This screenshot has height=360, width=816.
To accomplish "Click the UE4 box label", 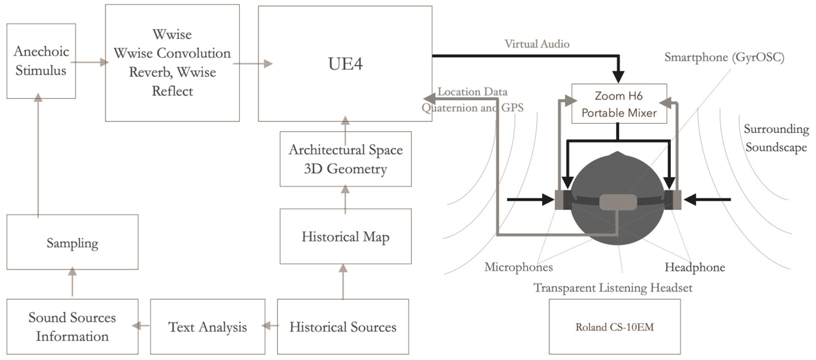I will pos(345,64).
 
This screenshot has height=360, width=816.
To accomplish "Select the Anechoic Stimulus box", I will pos(41,61).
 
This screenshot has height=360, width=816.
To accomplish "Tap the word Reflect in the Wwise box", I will pos(172,91).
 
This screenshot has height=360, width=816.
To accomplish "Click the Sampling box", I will pos(72,242).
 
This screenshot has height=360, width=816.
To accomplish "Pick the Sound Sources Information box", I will pos(72,326).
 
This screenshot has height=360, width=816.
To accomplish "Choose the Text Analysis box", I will pos(208,326).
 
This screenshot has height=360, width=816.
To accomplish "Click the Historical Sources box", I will pos(343,326).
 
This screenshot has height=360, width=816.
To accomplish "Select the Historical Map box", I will pos(345,236).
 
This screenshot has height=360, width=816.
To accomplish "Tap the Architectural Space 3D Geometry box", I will pos(345,159).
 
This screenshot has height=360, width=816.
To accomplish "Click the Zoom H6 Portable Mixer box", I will pos(619,104).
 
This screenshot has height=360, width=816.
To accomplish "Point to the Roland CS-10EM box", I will pos(614,326).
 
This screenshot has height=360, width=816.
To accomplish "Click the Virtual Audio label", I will pos(537,44).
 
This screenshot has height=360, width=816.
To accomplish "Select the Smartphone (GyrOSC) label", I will pos(724,57).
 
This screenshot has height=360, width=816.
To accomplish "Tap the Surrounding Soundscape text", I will pos(776,138).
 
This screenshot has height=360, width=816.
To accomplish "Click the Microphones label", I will pos(519,267).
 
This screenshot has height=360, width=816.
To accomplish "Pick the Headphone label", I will pos(695,267).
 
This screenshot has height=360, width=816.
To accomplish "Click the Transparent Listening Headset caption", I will pos(613,287).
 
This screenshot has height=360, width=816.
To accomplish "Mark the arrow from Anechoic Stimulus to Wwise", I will pos(90,62).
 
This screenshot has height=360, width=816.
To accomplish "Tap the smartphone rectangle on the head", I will pos(618,202).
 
